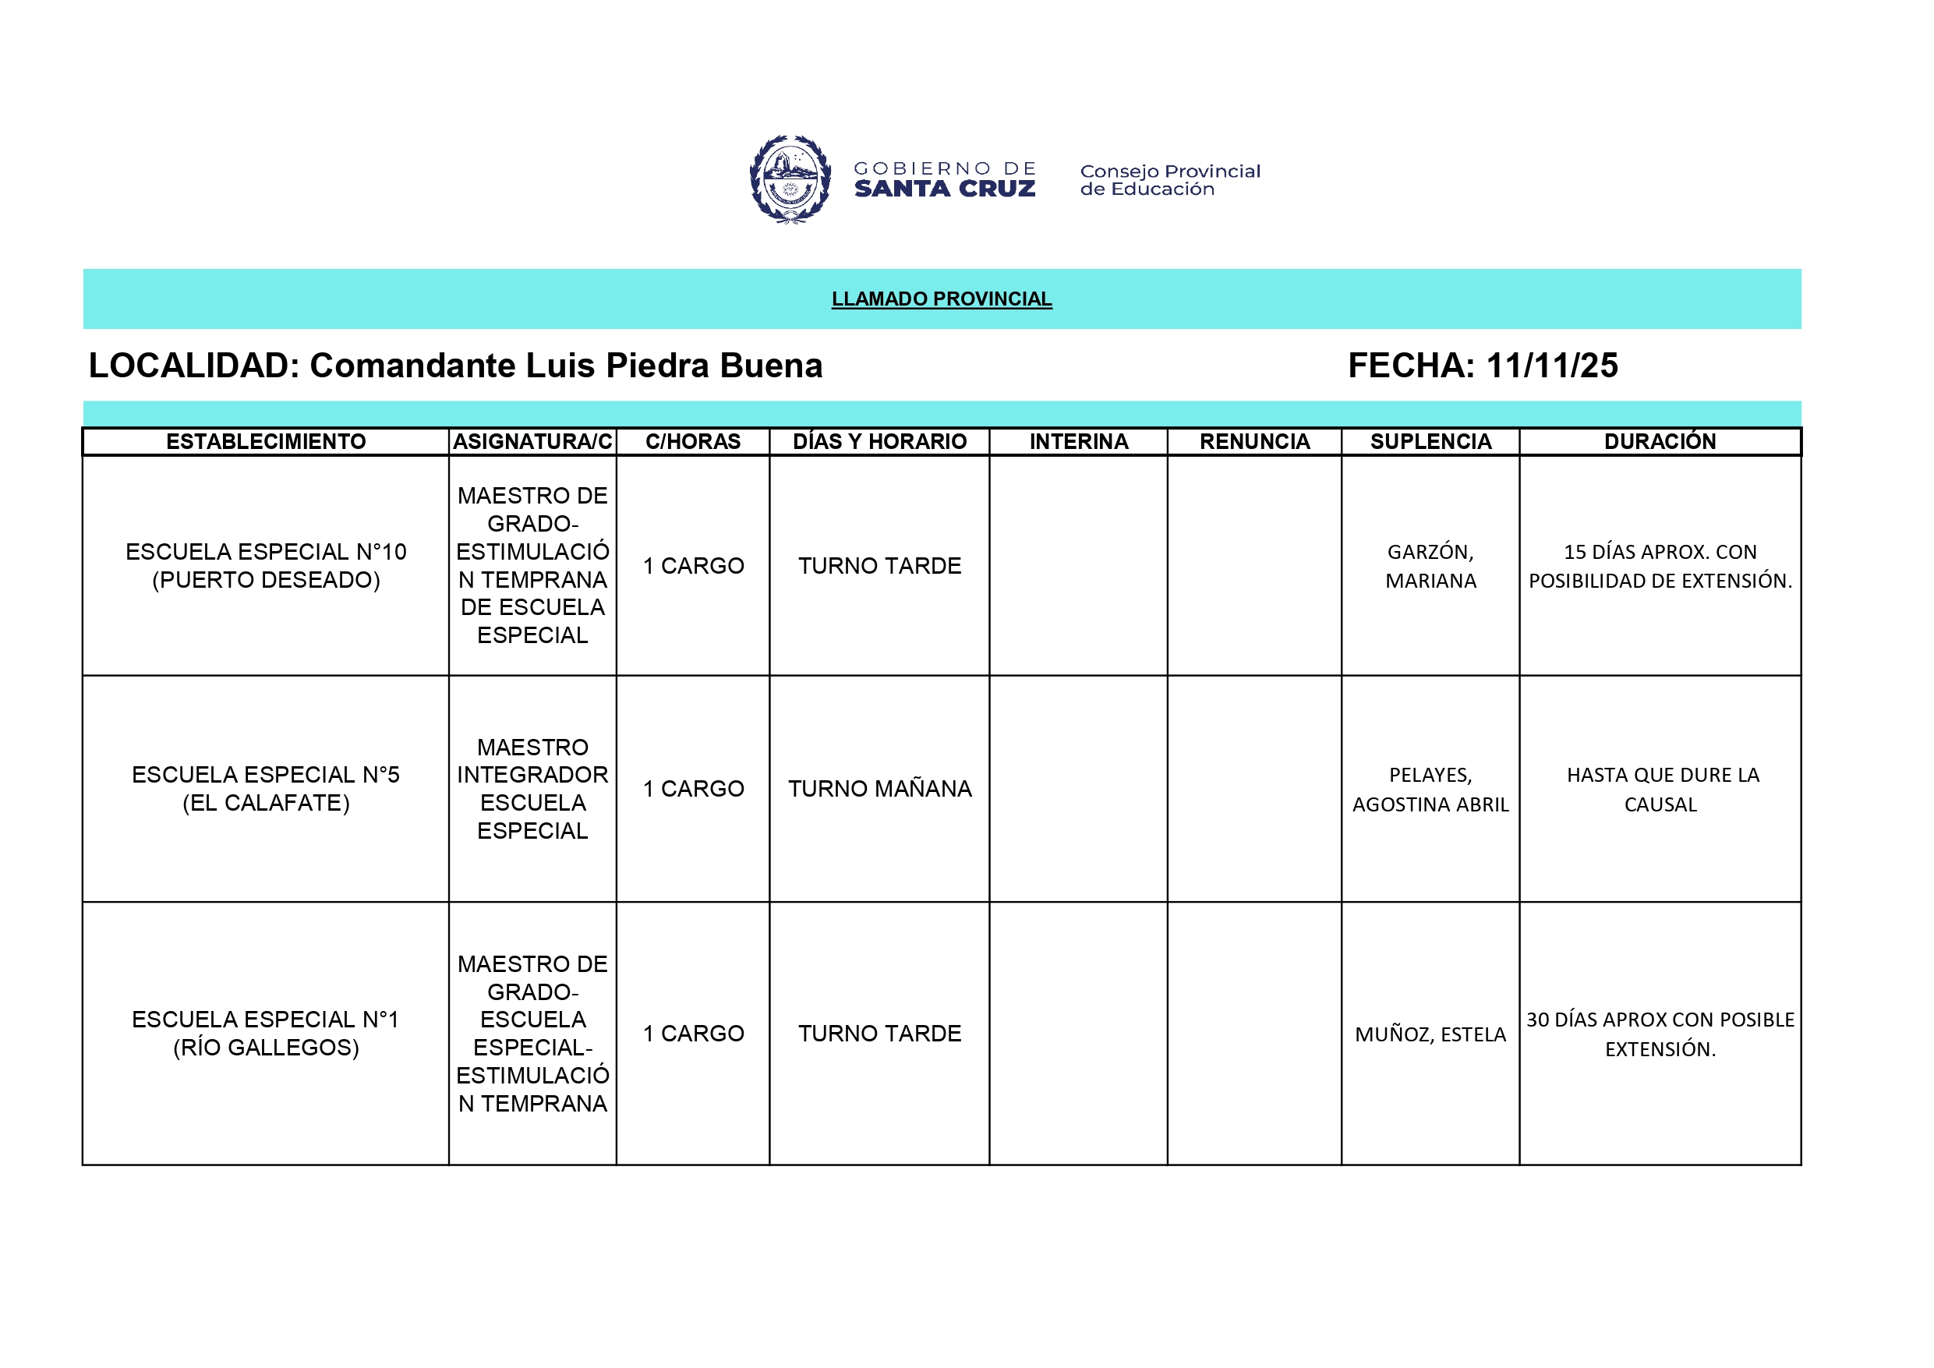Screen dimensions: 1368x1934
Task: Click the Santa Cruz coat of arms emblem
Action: point(790,179)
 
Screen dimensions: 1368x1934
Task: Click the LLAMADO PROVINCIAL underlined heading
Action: point(941,299)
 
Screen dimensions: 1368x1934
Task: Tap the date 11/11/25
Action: point(1551,366)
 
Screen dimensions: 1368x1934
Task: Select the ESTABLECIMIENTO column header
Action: point(265,441)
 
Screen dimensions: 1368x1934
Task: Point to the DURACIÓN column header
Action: point(1660,441)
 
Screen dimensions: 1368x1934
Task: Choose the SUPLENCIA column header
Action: point(1430,441)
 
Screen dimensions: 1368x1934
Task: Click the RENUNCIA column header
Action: point(1254,441)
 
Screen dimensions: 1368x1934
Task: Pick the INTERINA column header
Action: point(1078,441)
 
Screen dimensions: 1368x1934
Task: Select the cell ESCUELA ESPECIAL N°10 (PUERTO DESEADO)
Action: point(265,565)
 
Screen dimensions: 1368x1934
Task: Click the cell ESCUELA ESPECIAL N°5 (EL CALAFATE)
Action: point(265,789)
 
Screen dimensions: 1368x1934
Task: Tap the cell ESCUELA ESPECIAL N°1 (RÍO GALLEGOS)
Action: point(265,1033)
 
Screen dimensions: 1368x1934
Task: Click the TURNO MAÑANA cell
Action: point(879,789)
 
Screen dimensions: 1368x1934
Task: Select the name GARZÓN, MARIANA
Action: point(1430,566)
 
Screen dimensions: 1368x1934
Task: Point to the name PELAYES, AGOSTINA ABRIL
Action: point(1430,790)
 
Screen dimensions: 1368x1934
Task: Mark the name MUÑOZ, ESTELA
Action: point(1430,1034)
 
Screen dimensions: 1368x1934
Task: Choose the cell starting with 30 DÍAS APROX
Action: point(1660,1034)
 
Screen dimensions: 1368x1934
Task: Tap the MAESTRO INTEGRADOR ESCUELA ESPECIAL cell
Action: point(532,789)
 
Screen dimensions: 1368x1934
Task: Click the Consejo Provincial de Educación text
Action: point(1169,180)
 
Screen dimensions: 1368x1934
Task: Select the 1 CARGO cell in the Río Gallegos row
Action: point(693,1034)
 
